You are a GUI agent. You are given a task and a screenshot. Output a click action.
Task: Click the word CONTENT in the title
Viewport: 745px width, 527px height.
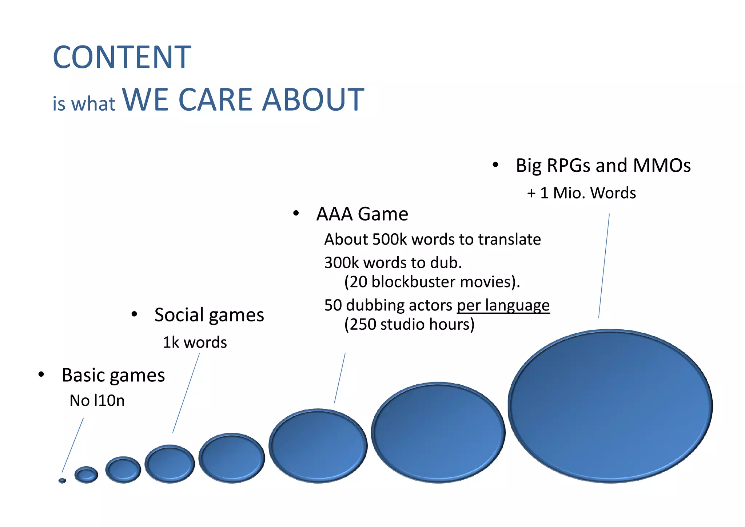pos(122,58)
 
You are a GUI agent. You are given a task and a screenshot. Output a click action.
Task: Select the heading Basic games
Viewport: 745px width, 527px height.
pos(113,375)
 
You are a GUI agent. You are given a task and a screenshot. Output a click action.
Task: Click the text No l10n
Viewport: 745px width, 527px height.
pos(97,401)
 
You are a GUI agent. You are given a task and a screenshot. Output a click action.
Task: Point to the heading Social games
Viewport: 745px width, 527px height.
pos(209,315)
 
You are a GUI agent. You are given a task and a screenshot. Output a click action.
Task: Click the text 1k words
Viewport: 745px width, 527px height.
pos(195,342)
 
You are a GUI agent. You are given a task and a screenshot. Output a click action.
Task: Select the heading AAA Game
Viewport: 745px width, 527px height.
pos(362,214)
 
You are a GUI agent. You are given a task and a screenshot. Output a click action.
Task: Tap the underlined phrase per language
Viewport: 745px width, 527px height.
pos(503,305)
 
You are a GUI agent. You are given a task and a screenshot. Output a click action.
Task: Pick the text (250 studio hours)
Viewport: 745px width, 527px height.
pos(409,324)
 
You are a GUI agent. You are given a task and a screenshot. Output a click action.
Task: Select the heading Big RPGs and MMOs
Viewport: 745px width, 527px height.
pos(603,166)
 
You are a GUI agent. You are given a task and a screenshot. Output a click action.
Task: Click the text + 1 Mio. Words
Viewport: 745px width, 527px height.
pos(581,193)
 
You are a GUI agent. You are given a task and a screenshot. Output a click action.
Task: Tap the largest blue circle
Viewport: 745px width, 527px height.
pos(610,406)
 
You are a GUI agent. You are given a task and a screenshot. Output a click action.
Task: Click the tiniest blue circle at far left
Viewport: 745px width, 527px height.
pos(62,481)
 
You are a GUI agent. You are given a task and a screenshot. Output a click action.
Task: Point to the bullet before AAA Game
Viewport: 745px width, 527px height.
pos(296,214)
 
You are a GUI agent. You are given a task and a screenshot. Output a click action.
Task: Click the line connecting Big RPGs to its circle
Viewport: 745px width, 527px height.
pos(604,266)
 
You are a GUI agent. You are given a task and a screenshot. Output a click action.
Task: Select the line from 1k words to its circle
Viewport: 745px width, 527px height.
pos(186,393)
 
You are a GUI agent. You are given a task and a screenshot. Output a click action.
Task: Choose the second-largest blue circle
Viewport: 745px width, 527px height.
pos(438,432)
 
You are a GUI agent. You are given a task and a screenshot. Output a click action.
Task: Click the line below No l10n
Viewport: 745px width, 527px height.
pos(73,445)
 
